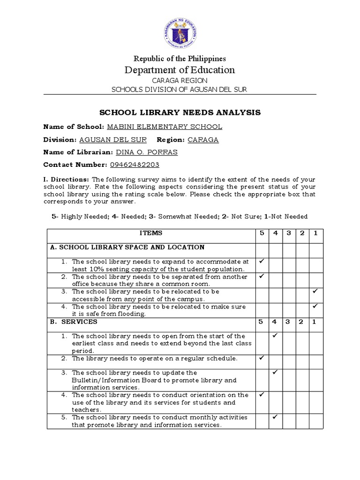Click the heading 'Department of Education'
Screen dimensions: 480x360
pyautogui.click(x=180, y=70)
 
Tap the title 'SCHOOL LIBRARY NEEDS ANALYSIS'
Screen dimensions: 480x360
pyautogui.click(x=180, y=112)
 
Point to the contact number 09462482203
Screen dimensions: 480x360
pyautogui.click(x=135, y=165)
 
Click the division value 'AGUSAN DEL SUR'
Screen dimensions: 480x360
pyautogui.click(x=113, y=140)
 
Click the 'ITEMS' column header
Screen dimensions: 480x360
pyautogui.click(x=150, y=233)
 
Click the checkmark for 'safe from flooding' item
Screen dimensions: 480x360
pyautogui.click(x=315, y=307)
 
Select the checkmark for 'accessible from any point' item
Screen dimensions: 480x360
pyautogui.click(x=315, y=292)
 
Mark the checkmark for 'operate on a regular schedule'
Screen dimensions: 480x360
pyautogui.click(x=262, y=358)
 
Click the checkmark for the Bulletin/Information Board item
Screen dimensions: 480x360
pyautogui.click(x=275, y=373)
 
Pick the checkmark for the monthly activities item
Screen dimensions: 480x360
pyautogui.click(x=275, y=417)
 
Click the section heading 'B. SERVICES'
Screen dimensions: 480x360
pyautogui.click(x=74, y=322)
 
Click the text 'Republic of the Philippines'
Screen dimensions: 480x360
pyautogui.click(x=180, y=59)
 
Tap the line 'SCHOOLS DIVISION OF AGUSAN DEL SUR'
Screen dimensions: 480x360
pyautogui.click(x=180, y=90)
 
